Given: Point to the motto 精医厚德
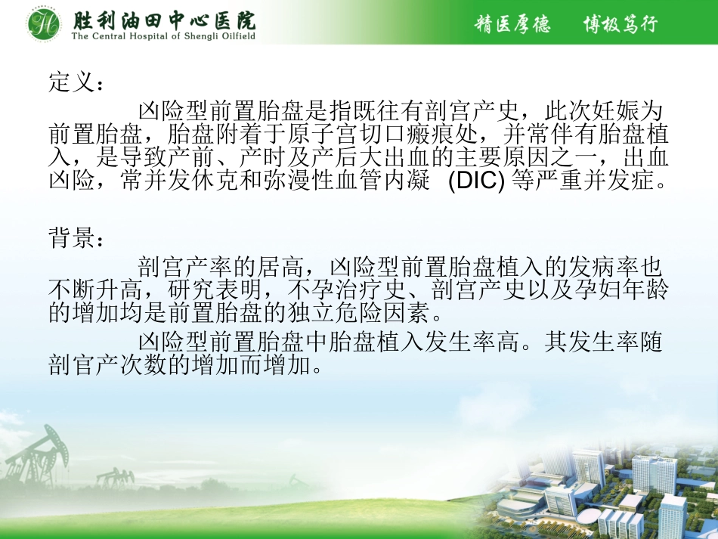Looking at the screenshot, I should pos(512,24).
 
